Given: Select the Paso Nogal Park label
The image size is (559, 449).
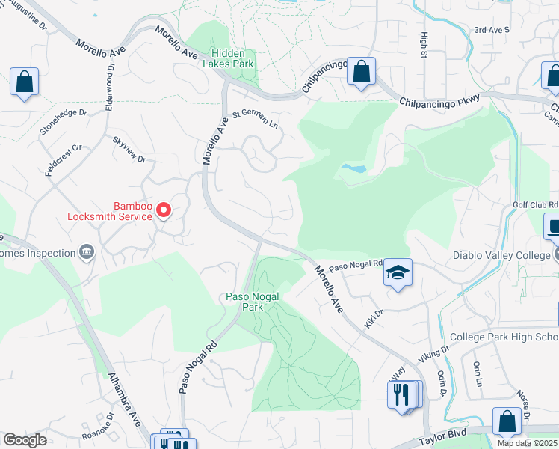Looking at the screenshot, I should pyautogui.click(x=253, y=302).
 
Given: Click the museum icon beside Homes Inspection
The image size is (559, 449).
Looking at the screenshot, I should pyautogui.click(x=87, y=252).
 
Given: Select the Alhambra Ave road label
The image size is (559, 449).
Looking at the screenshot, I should pyautogui.click(x=124, y=400).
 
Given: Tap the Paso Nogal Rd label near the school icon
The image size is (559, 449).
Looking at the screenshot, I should pyautogui.click(x=356, y=266).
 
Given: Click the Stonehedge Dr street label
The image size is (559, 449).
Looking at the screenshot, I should pyautogui.click(x=64, y=122).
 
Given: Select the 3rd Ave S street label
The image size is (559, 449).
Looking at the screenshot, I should pyautogui.click(x=491, y=30).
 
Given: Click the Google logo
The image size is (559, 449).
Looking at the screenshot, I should pyautogui.click(x=24, y=440).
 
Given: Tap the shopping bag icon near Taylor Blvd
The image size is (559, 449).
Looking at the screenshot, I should pyautogui.click(x=507, y=421).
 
